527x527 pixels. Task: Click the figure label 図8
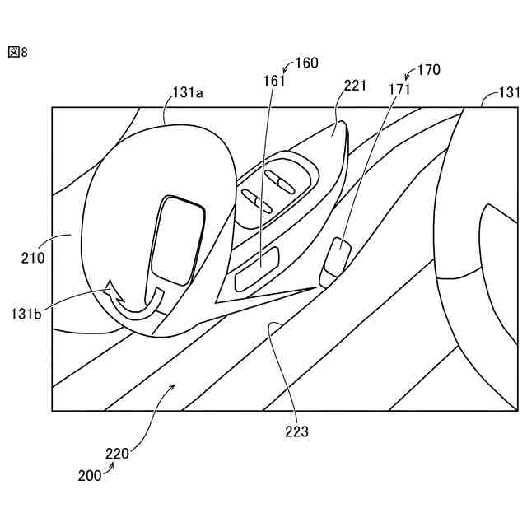(x=18, y=52)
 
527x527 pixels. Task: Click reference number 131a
(x=188, y=93)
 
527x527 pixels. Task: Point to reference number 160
(x=306, y=63)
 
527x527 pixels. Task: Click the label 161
(x=275, y=81)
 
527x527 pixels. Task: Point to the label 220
(x=117, y=453)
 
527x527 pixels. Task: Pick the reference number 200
(x=91, y=476)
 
